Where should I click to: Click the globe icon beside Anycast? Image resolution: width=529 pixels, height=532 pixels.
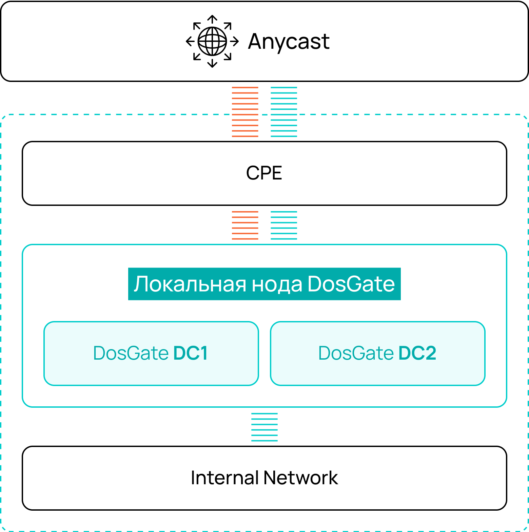click(212, 41)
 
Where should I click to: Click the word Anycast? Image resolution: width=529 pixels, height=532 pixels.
click(289, 42)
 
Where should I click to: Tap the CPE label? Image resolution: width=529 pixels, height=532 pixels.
click(264, 173)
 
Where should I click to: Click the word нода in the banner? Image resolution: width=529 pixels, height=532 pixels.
click(277, 284)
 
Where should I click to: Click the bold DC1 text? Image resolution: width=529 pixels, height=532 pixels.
click(191, 353)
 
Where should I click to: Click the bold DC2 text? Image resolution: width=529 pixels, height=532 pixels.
click(417, 353)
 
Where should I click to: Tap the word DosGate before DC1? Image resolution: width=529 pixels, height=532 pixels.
click(131, 353)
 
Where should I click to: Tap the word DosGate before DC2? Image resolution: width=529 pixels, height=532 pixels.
click(356, 353)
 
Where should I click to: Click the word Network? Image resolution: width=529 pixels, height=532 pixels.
click(301, 478)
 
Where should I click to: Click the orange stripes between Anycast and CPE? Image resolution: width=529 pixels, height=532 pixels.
click(245, 112)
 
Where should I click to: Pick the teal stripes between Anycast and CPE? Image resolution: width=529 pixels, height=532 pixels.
click(284, 112)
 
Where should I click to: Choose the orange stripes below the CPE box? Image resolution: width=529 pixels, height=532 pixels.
click(245, 225)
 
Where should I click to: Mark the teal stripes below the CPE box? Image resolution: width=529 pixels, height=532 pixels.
click(284, 225)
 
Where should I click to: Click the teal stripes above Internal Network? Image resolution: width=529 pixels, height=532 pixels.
click(264, 427)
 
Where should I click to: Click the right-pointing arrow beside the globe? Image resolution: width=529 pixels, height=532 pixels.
click(235, 41)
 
